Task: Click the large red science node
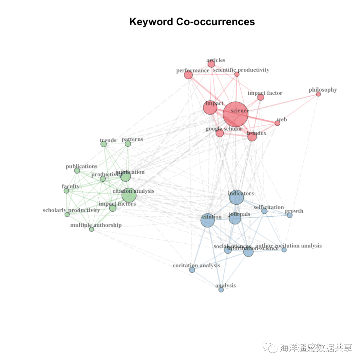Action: pyautogui.click(x=236, y=115)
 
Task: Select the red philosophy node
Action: pyautogui.click(x=318, y=94)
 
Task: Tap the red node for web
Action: pyautogui.click(x=277, y=123)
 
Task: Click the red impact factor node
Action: pyautogui.click(x=261, y=97)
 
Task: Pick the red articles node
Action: pyautogui.click(x=211, y=64)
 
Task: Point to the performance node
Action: pyautogui.click(x=188, y=75)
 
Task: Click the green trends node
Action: pyautogui.click(x=103, y=144)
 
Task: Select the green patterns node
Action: pyautogui.click(x=128, y=144)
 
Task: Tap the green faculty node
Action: pyautogui.click(x=66, y=191)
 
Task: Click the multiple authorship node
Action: pyautogui.click(x=91, y=229)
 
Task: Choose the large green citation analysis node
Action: pyautogui.click(x=129, y=195)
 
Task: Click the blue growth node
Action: pyautogui.click(x=290, y=215)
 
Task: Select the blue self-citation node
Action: pyautogui.click(x=265, y=211)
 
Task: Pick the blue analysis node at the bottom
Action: pyautogui.click(x=221, y=290)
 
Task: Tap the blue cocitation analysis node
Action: pyautogui.click(x=192, y=270)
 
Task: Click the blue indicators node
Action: pyautogui.click(x=236, y=198)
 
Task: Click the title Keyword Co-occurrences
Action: pyautogui.click(x=192, y=22)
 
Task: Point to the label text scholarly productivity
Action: pyautogui.click(x=71, y=210)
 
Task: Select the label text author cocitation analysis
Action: pyautogui.click(x=289, y=246)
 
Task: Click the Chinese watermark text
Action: pyautogui.click(x=316, y=348)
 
